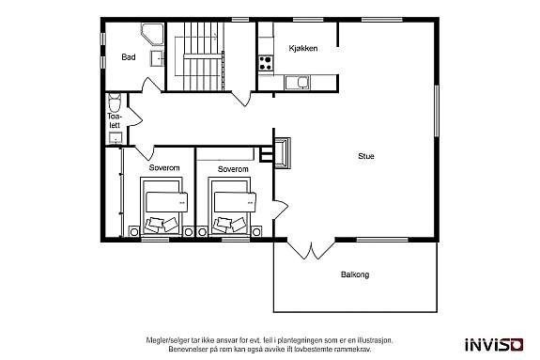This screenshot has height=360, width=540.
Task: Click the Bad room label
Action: [128, 57]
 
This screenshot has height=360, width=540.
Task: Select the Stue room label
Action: [365, 156]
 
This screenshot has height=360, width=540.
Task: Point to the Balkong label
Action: [354, 275]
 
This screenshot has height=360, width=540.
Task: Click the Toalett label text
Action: [115, 119]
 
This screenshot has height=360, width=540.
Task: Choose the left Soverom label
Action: [164, 169]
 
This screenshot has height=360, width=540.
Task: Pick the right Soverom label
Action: [232, 169]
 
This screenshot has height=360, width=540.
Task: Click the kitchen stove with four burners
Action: [266, 63]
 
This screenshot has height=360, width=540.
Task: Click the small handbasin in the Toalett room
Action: [115, 138]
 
